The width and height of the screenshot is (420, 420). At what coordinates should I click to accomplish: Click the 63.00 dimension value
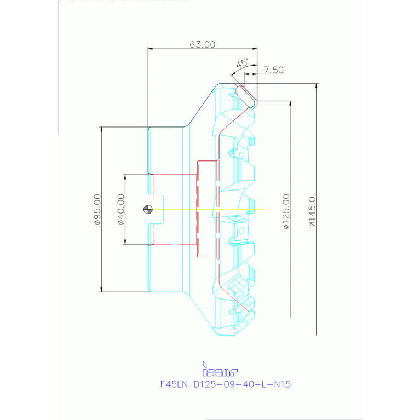coord(202,44)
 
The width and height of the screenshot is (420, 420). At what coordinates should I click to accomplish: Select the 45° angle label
coord(242,64)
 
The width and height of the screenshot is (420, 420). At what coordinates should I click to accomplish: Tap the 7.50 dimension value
coord(273,70)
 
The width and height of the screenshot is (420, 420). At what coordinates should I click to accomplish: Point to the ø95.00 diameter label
coord(97,209)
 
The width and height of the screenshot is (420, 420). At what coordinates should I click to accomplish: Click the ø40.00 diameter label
coord(120,209)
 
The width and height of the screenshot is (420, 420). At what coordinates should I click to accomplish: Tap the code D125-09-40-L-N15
coord(242,384)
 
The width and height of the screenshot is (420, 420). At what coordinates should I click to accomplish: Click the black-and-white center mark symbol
coord(147,209)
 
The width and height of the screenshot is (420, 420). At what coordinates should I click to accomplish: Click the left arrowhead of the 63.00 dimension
coord(151,49)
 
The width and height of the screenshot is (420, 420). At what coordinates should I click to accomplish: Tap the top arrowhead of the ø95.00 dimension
coord(102,130)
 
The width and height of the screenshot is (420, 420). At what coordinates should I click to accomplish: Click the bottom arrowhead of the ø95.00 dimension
coord(102,289)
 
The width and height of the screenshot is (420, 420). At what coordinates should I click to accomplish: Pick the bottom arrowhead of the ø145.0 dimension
coord(316,332)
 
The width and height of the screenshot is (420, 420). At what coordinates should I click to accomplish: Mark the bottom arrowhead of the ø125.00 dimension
coord(290,315)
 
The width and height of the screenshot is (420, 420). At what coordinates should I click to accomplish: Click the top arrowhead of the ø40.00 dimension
coord(125,177)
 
